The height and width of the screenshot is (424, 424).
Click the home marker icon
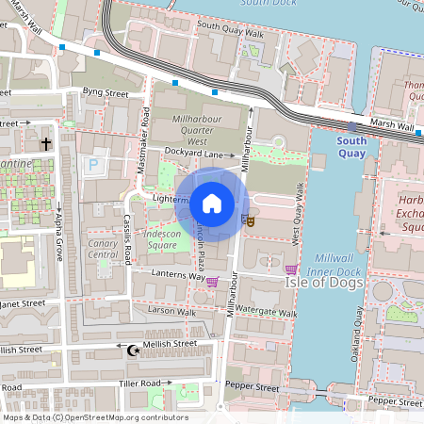tap(212, 203)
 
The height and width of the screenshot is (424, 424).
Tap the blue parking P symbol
tap(92, 166)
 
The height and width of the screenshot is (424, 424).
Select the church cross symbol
tap(45, 143)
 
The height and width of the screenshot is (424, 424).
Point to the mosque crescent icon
tap(132, 351)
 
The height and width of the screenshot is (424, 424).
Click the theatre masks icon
tap(250, 220)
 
